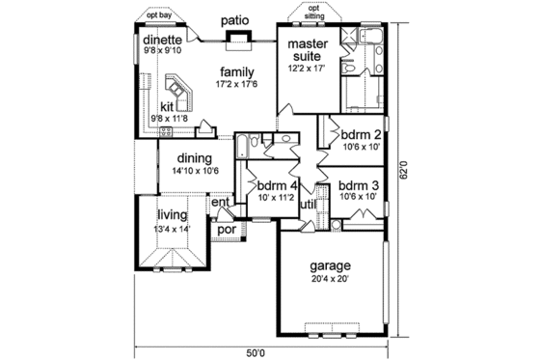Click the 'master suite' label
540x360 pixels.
point(310,48)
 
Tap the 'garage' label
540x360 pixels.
point(330,265)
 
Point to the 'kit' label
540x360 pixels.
point(166,107)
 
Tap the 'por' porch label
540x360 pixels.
point(227,231)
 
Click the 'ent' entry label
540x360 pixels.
point(221,203)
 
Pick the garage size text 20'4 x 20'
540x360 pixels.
point(330,279)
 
